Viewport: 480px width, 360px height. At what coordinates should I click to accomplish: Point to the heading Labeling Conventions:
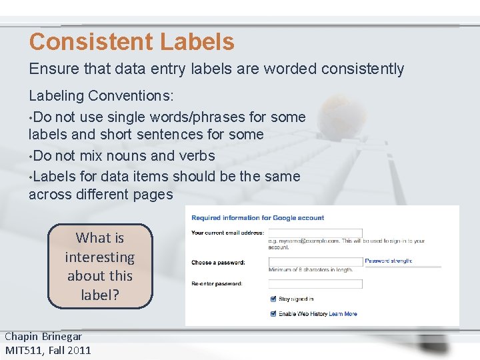point(101,96)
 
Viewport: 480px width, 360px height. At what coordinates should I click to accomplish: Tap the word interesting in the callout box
point(100,257)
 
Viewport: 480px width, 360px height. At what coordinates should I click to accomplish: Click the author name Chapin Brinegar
point(43,337)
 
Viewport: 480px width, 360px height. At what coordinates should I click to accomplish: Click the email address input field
point(315,233)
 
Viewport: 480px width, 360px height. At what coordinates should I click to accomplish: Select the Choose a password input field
point(315,262)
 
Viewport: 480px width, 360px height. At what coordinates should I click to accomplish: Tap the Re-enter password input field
point(315,284)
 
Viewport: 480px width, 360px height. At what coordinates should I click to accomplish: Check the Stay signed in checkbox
point(273,299)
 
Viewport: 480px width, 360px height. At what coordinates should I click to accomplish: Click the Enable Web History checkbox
point(273,313)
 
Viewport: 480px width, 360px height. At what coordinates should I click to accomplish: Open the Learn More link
point(343,314)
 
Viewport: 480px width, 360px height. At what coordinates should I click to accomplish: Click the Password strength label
point(389,261)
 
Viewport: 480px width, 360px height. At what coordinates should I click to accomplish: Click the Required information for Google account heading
point(257,218)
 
